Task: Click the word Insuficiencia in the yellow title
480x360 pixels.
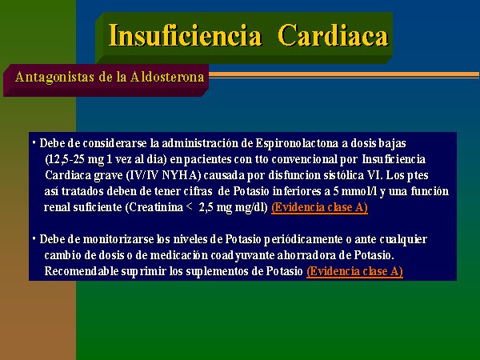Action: pos(186,35)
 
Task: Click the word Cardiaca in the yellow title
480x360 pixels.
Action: pos(334,35)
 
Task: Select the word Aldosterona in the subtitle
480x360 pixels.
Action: pos(167,77)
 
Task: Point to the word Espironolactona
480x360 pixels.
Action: pos(297,143)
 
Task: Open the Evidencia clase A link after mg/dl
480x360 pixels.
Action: pos(319,207)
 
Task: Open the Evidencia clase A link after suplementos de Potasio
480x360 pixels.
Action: pos(354,271)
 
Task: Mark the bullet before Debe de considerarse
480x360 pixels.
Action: pos(34,142)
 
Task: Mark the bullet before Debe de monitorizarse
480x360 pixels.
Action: pos(34,238)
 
